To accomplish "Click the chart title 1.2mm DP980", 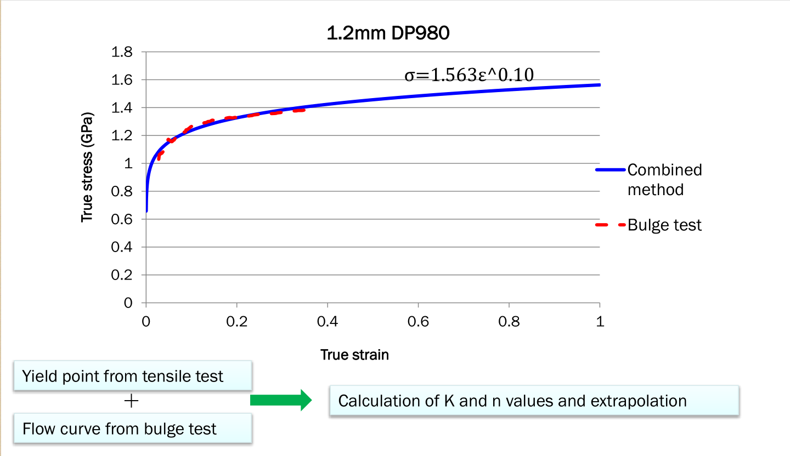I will coord(388,34).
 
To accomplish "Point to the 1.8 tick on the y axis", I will coord(122,53).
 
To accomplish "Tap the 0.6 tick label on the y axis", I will coord(122,219).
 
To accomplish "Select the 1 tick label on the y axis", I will coord(128,163).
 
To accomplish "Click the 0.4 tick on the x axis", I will coord(328,322).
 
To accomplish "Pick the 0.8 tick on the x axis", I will coord(509,322).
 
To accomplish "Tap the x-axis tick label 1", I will coord(600,322).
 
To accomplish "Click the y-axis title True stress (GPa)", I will coord(87,168).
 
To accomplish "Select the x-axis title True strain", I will coord(354,355).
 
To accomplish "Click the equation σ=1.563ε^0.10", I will coord(469,75).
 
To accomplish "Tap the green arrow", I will coord(280,400).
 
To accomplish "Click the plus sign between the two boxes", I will coord(132,402).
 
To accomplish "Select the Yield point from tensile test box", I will coord(132,376).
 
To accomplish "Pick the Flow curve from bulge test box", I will coord(132,428).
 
